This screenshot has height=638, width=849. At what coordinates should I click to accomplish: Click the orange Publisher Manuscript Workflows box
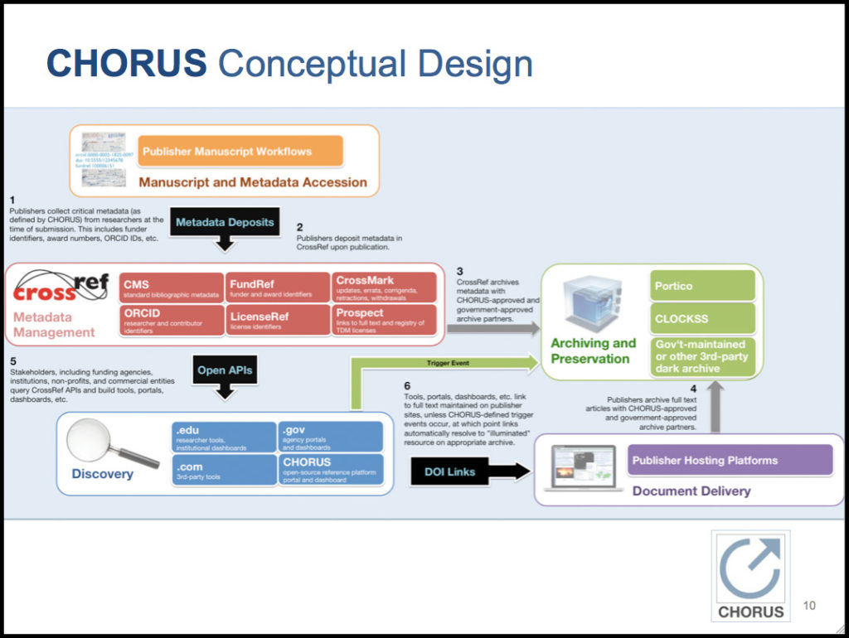click(240, 152)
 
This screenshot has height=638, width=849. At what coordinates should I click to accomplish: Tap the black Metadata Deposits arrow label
click(225, 222)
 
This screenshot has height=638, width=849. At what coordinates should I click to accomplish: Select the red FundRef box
click(277, 288)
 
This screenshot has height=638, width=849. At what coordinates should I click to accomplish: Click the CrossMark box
click(384, 288)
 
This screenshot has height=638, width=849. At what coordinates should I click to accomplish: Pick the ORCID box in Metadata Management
click(172, 321)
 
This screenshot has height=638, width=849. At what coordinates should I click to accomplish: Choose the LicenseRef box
click(277, 321)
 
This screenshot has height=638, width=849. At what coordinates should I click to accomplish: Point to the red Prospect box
click(384, 321)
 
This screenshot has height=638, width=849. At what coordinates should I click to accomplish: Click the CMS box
click(172, 288)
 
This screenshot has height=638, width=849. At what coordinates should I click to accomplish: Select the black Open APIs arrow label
click(224, 370)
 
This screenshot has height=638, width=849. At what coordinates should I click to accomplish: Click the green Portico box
click(702, 286)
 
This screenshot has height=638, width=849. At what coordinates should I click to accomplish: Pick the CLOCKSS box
click(702, 318)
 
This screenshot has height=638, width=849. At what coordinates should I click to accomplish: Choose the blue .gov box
click(330, 436)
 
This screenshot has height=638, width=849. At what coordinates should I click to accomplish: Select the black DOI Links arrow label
click(450, 471)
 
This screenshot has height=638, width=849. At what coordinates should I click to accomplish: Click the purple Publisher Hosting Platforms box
click(730, 460)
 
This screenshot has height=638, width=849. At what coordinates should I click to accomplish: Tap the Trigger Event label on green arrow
click(449, 362)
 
